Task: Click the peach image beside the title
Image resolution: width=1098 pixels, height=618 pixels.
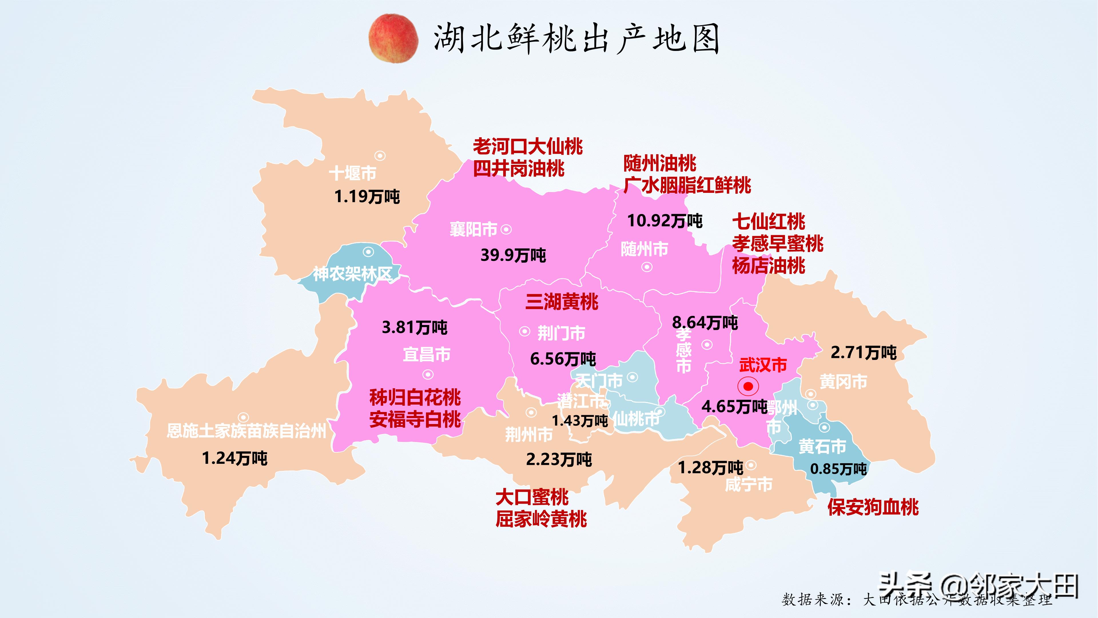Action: point(393,38)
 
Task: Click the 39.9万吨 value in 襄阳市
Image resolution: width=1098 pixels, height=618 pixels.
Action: point(513,255)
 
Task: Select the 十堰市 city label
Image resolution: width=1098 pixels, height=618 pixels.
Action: point(353,173)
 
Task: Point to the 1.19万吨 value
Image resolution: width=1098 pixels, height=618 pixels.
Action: point(367,197)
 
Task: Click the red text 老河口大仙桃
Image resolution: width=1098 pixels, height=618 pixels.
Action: point(528,147)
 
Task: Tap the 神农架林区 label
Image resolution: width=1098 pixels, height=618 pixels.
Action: point(353,274)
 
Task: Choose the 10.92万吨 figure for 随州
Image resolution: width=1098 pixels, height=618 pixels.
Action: point(665,221)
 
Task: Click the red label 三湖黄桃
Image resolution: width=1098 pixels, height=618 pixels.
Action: point(562,302)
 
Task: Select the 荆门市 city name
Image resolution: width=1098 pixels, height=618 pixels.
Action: point(561,333)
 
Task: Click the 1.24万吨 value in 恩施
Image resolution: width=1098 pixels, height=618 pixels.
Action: point(234,458)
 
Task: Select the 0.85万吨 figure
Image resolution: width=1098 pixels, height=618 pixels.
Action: point(838,469)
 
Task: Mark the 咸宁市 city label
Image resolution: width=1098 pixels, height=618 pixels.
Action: point(749,484)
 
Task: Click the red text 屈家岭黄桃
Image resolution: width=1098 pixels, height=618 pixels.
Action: point(541,520)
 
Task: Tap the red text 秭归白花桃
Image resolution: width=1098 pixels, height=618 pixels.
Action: point(415,397)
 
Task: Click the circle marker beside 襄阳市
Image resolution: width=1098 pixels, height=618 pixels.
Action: point(506,229)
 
